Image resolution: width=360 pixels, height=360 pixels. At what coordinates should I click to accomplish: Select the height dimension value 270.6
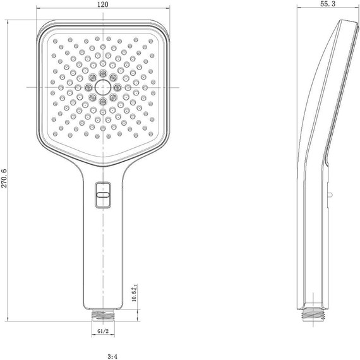pyautogui.click(x=6, y=179)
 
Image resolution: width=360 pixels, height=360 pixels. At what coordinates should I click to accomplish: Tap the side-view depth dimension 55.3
pyautogui.click(x=328, y=4)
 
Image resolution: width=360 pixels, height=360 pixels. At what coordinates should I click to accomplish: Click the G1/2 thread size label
pyautogui.click(x=103, y=329)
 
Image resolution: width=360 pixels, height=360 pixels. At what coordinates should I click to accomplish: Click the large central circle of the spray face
pyautogui.click(x=102, y=87)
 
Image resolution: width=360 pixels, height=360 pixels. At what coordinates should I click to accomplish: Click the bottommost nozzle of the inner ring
pyautogui.click(x=102, y=100)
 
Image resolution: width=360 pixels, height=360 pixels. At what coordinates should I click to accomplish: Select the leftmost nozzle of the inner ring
pyautogui.click(x=88, y=87)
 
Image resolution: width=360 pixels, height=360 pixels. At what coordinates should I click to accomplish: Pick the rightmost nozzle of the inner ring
pyautogui.click(x=117, y=87)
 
